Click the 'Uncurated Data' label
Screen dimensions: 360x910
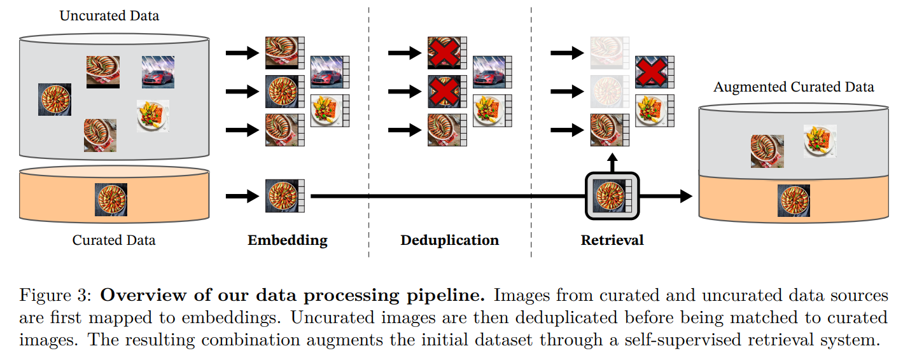[109, 16]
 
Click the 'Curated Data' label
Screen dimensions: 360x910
[113, 240]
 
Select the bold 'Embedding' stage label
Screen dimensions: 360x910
[287, 240]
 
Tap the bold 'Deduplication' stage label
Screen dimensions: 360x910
[449, 240]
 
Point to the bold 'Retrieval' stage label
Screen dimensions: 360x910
[612, 240]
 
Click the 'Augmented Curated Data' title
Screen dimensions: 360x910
[793, 87]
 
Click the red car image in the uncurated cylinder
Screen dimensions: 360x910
[158, 72]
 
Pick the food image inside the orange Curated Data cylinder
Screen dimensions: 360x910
[111, 200]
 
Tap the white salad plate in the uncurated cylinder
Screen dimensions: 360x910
[153, 116]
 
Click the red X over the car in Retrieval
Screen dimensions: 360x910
[651, 72]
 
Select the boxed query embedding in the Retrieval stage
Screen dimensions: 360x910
[611, 196]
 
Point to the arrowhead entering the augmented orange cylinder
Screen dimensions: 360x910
[685, 196]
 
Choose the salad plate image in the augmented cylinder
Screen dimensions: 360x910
[820, 141]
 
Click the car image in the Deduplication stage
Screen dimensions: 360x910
[489, 72]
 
